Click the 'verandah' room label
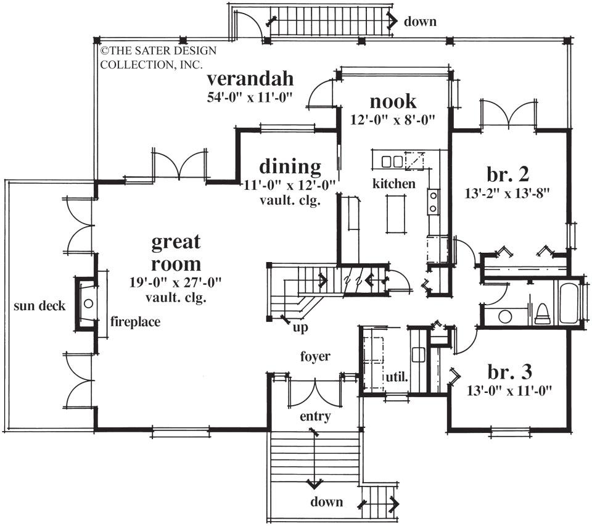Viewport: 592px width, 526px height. tap(249, 80)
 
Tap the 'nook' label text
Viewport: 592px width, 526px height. tap(393, 101)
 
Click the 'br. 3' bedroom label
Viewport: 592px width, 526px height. tap(510, 372)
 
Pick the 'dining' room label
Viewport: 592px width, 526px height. tap(289, 166)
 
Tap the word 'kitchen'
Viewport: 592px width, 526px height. tap(393, 184)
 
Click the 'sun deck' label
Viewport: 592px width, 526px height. tap(39, 306)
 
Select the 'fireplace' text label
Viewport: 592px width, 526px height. tap(135, 321)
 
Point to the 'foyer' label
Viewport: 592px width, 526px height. tap(315, 356)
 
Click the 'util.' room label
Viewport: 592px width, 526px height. tap(398, 376)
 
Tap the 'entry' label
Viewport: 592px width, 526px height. tap(316, 416)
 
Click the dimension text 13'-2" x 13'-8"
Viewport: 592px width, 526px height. tap(507, 192)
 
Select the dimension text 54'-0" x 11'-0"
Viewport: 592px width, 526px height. tap(249, 97)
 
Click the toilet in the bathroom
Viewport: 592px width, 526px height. tap(542, 313)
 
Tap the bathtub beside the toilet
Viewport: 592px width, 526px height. tap(569, 303)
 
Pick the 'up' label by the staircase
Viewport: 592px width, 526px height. tap(300, 327)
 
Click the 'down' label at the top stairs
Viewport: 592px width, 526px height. tap(420, 22)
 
